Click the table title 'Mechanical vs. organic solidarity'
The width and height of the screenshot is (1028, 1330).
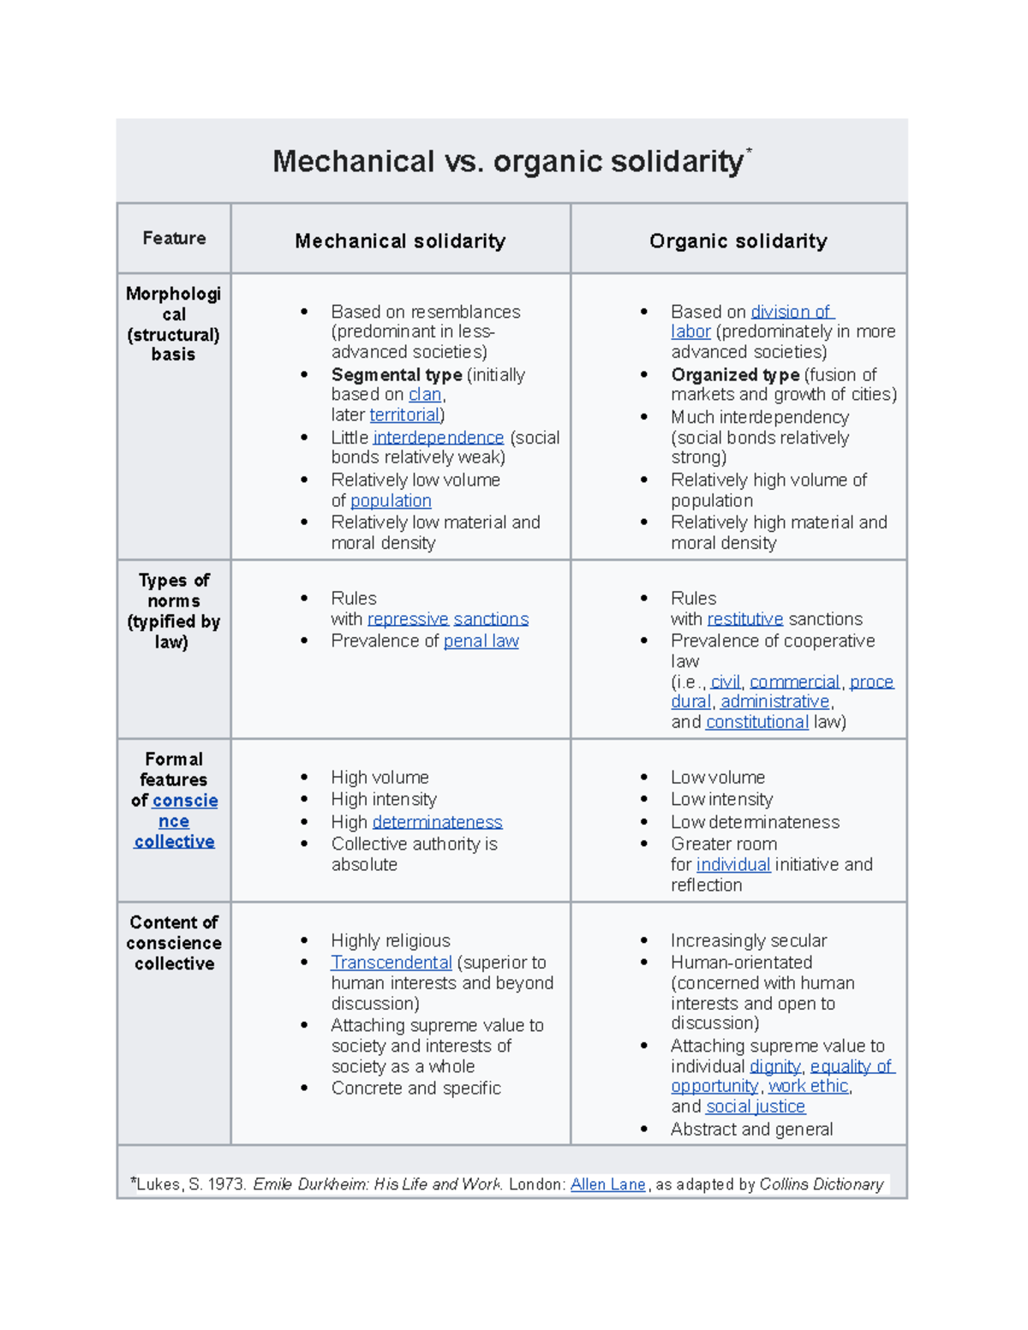509,162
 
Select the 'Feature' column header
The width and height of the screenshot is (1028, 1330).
174,238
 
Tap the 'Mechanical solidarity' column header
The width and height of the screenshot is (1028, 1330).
400,242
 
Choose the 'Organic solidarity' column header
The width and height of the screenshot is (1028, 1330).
738,242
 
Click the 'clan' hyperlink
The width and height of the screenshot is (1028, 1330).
425,395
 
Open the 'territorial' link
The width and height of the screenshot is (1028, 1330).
404,415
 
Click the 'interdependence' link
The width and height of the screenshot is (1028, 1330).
438,438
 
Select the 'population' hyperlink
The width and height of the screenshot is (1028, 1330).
391,501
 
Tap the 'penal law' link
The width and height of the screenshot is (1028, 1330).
481,641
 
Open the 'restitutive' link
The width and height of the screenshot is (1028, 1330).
744,619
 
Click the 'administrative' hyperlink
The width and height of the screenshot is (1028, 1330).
775,702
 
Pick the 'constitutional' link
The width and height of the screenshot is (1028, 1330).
756,723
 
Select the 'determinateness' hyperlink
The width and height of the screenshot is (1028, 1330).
437,822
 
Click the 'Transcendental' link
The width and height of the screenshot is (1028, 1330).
391,963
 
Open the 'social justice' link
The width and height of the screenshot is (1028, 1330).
755,1107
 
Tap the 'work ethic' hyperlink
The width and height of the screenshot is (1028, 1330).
808,1087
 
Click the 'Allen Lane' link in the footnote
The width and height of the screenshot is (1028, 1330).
607,1184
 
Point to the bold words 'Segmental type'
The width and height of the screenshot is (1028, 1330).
397,375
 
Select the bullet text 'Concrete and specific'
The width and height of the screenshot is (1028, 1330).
415,1088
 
